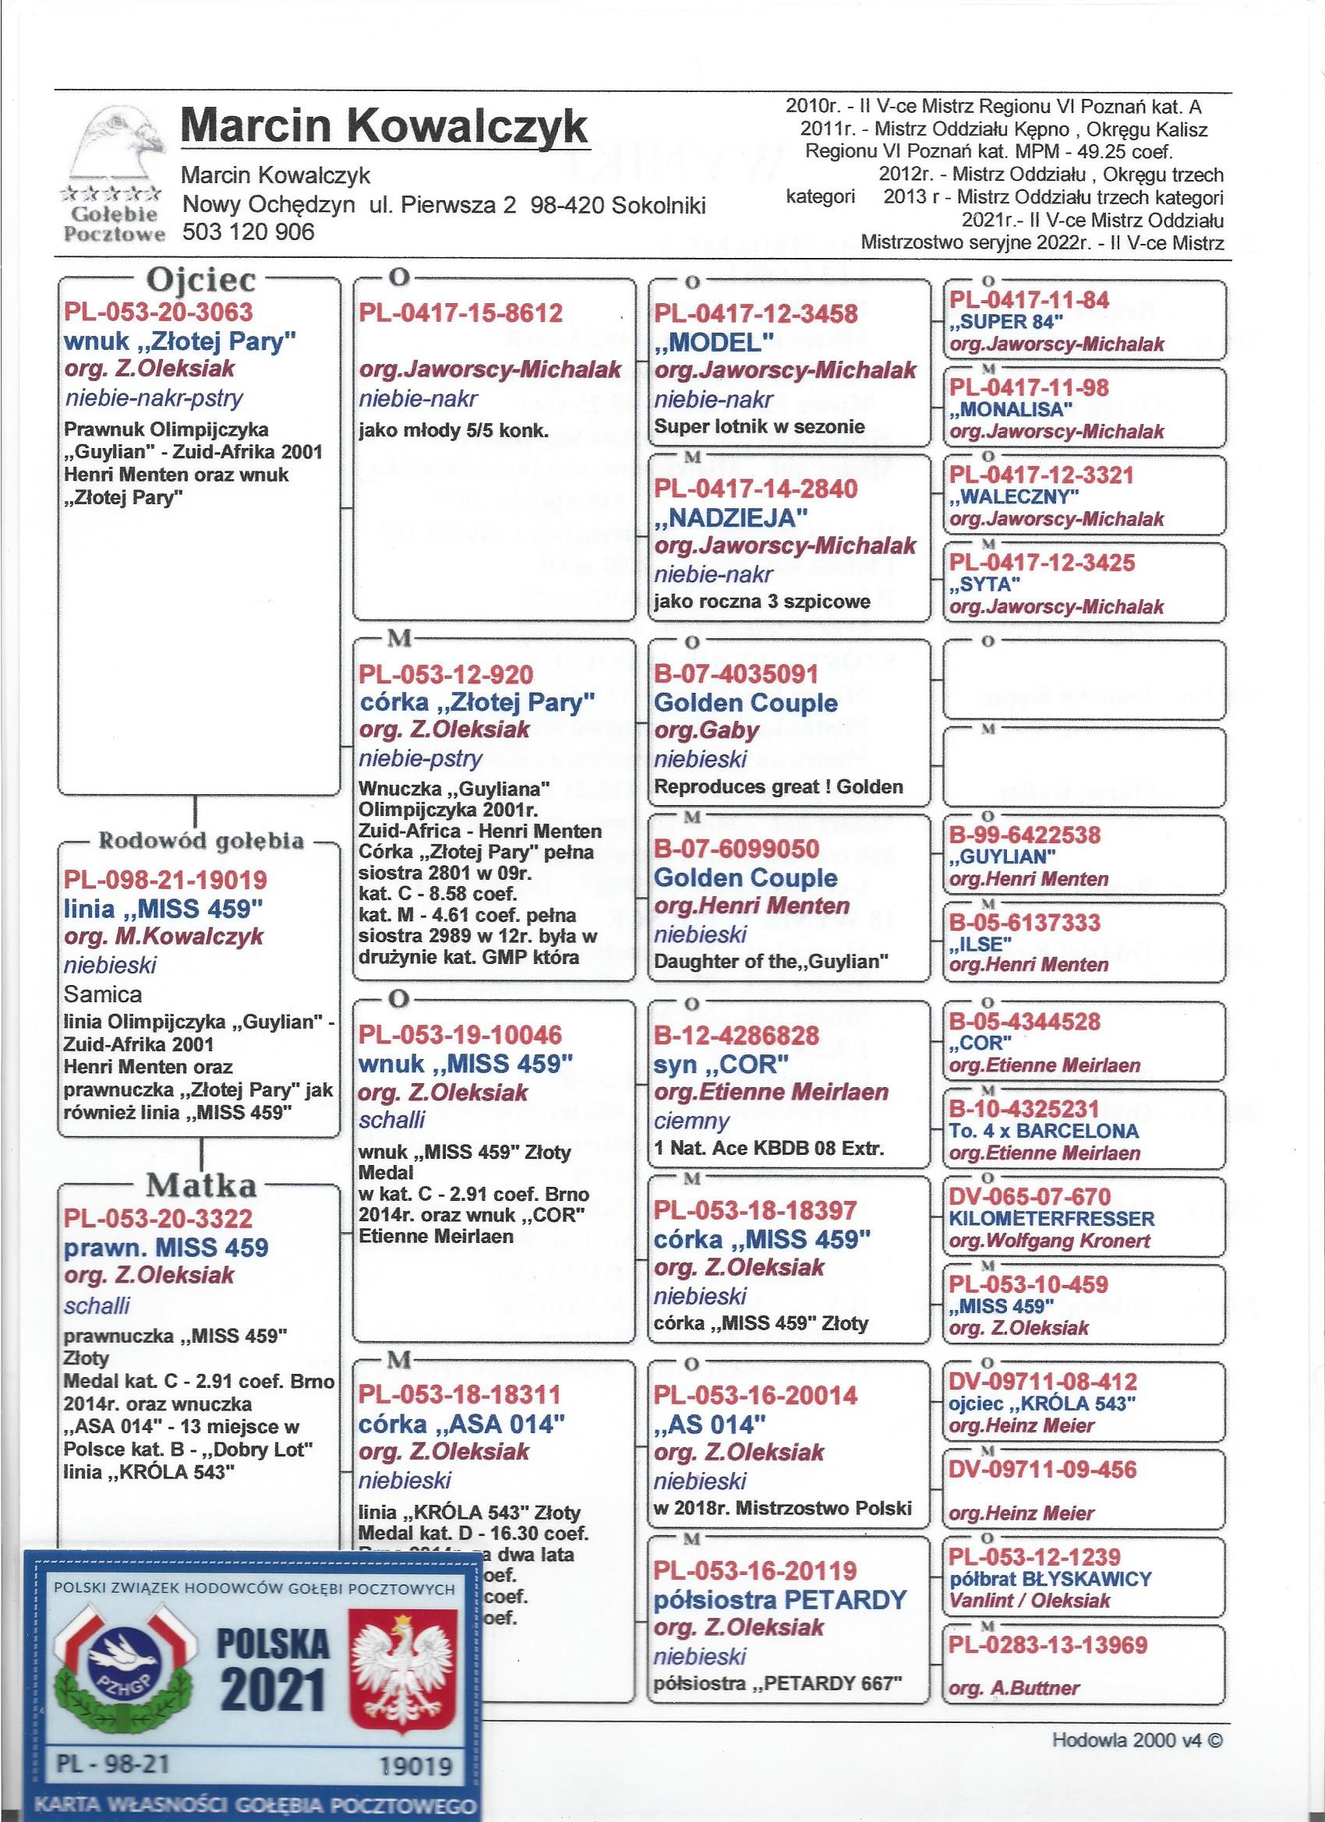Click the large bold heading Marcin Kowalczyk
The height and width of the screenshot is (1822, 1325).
pyautogui.click(x=384, y=127)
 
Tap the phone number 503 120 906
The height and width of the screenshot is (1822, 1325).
pyautogui.click(x=249, y=232)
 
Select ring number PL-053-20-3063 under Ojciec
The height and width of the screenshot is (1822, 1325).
pyautogui.click(x=158, y=312)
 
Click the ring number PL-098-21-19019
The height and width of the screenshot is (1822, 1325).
pyautogui.click(x=165, y=880)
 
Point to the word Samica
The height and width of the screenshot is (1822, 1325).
pyautogui.click(x=103, y=994)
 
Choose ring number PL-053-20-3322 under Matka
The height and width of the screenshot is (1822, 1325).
pyautogui.click(x=158, y=1219)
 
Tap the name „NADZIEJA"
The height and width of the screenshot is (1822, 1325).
pyautogui.click(x=730, y=517)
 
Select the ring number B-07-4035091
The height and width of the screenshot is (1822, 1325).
pyautogui.click(x=736, y=674)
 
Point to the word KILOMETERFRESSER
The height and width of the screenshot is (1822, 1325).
pyautogui.click(x=1051, y=1219)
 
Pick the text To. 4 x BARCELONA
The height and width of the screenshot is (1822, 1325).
pyautogui.click(x=1044, y=1131)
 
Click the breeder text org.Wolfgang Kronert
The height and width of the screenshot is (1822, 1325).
pyautogui.click(x=1049, y=1241)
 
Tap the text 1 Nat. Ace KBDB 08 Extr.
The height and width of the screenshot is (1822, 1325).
pyautogui.click(x=769, y=1149)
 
